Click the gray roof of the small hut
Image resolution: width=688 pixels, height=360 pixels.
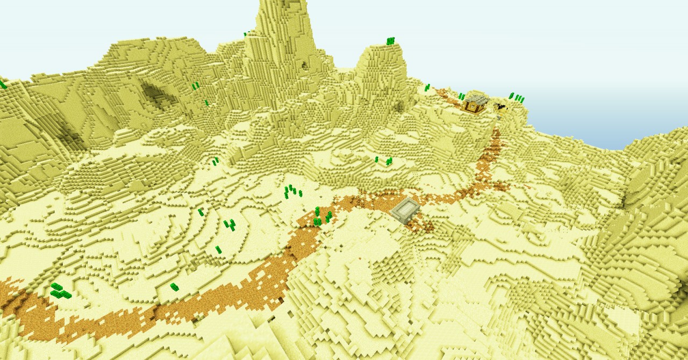[x=476, y=99]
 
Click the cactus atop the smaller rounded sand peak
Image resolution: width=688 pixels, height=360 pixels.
[x=390, y=41]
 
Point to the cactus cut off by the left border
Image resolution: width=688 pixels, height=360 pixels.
[x=3, y=84]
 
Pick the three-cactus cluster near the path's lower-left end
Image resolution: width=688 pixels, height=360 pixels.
[x=60, y=291]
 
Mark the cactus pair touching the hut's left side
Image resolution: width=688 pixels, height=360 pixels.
[x=461, y=97]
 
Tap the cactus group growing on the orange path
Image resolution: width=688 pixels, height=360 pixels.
[x=321, y=217]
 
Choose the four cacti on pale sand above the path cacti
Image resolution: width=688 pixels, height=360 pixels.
[x=292, y=191]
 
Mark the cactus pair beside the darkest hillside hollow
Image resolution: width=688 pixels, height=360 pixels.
[x=196, y=85]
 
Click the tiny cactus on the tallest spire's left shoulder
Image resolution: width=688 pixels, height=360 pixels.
[x=245, y=34]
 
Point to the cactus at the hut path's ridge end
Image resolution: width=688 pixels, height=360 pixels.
[x=427, y=88]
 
